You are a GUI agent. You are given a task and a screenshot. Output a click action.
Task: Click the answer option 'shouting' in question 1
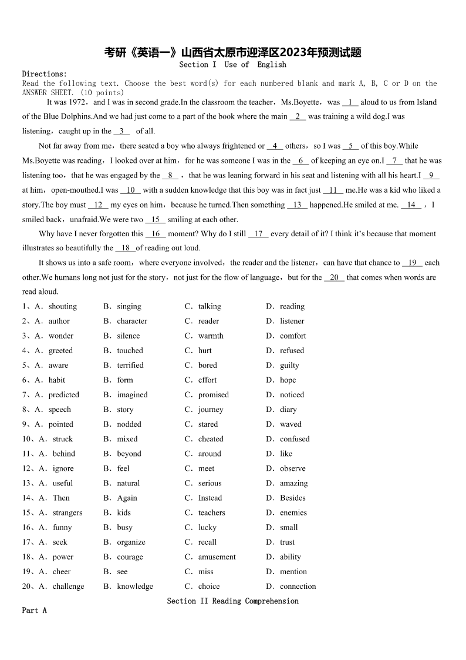(x=62, y=306)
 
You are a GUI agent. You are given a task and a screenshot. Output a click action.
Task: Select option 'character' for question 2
(x=132, y=321)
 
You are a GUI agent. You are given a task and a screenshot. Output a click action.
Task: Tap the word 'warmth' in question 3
(x=211, y=336)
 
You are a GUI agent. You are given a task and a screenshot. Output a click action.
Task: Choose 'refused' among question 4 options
(x=292, y=350)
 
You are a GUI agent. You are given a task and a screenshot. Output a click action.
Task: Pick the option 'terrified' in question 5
(x=130, y=365)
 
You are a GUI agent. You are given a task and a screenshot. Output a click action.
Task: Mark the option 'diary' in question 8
(x=288, y=410)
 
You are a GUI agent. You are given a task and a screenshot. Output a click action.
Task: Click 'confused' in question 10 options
(x=295, y=439)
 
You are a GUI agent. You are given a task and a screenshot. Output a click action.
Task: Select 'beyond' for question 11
(x=129, y=454)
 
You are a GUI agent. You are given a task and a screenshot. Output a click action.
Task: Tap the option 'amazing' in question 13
(x=293, y=483)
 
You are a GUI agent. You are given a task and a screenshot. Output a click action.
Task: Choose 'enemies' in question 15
(x=293, y=512)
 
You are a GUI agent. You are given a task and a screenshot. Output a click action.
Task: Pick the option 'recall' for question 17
(x=207, y=542)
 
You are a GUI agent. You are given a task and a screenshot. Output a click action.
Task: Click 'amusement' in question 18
(x=217, y=557)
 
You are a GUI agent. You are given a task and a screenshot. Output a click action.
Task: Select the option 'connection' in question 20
(x=298, y=586)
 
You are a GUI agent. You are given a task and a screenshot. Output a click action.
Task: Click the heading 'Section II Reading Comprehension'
(x=232, y=601)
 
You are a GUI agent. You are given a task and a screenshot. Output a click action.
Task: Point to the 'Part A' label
(x=34, y=610)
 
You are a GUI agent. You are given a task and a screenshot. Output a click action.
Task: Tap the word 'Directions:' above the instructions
(x=44, y=74)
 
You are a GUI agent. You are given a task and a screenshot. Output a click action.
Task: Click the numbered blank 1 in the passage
(x=350, y=102)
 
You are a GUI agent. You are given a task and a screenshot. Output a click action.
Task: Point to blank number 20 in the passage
(x=334, y=277)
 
